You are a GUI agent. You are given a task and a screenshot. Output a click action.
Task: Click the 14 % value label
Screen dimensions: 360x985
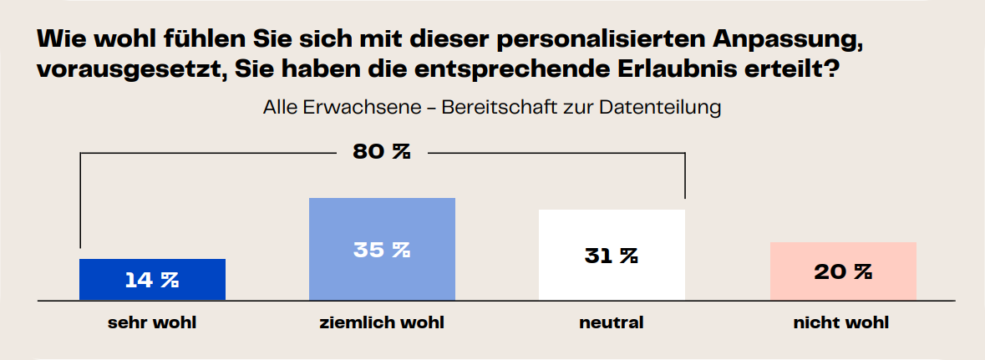coord(152,280)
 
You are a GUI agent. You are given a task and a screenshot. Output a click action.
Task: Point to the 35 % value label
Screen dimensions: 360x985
coord(382,250)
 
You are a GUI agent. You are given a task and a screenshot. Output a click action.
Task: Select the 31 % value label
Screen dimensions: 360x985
coord(612,256)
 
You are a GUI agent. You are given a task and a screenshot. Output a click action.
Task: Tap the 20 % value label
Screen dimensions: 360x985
coord(843,272)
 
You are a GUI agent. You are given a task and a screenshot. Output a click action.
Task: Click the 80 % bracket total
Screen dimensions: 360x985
coord(381,152)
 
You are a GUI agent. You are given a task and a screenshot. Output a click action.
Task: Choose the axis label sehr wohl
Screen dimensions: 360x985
coord(152,322)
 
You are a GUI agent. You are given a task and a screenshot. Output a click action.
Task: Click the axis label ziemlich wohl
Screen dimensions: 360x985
coord(382,322)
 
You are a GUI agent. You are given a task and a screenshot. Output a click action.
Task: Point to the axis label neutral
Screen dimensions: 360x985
coord(612,322)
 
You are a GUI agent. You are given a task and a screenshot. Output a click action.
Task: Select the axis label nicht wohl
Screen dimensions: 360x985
coord(841,322)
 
